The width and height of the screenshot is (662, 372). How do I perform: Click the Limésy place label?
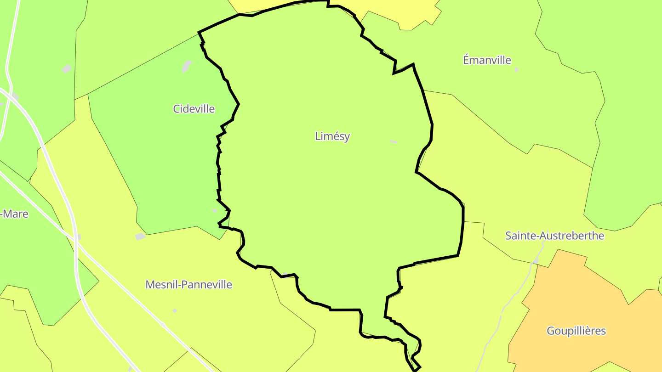(332, 136)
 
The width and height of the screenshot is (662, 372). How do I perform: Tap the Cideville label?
(194, 109)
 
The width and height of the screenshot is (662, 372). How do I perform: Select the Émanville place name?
(487, 60)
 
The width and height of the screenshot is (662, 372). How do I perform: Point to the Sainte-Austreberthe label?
(554, 236)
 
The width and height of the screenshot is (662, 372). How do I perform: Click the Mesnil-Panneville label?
(188, 285)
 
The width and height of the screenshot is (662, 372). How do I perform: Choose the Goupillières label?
(576, 331)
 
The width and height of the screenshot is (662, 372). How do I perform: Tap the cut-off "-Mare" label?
(15, 214)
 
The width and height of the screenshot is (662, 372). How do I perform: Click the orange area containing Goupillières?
(575, 299)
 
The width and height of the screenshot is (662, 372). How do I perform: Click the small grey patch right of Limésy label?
(393, 142)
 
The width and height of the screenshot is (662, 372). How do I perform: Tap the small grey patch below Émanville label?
(516, 70)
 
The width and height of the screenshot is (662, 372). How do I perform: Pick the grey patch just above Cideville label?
(187, 67)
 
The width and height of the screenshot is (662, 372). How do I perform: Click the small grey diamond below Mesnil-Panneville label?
(175, 311)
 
